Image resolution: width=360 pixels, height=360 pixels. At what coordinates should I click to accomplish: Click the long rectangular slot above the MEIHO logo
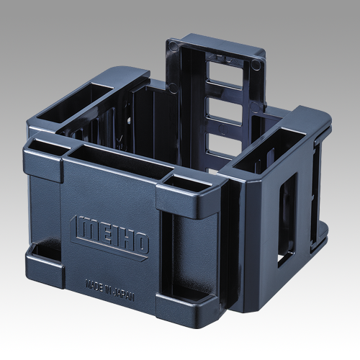[113, 161]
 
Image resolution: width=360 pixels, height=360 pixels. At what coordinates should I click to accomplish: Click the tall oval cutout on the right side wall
[286, 215]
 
